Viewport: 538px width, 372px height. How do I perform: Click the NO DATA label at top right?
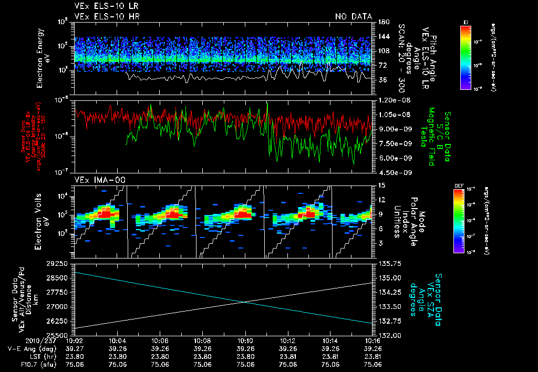click(x=353, y=16)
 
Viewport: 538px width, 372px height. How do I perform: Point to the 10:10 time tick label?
click(x=245, y=340)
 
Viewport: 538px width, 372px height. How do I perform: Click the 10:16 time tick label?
click(x=373, y=340)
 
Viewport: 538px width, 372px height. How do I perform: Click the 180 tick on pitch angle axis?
click(x=382, y=22)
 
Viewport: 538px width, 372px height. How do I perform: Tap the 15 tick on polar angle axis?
click(x=381, y=185)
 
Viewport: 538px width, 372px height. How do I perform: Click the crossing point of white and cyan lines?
click(x=245, y=301)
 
